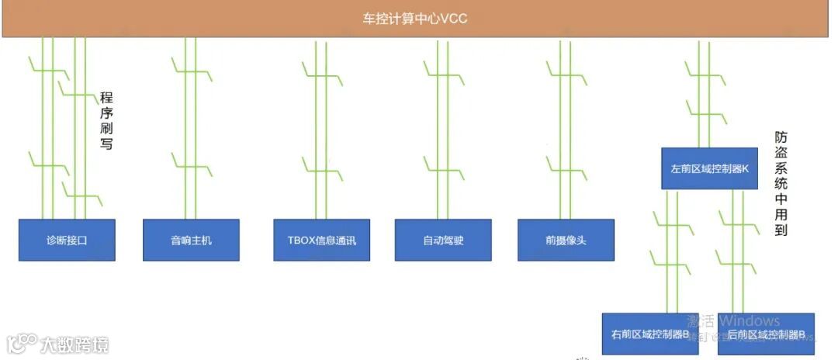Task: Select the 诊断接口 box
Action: [67, 240]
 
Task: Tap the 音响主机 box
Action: [191, 240]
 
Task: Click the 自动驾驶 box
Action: [443, 240]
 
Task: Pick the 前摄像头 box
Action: [566, 240]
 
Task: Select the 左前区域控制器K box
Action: [709, 168]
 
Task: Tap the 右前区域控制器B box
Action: [650, 334]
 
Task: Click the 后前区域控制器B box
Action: [766, 334]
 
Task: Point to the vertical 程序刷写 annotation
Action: [107, 120]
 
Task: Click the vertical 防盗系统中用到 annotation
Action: [781, 183]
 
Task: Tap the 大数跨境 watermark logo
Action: [58, 343]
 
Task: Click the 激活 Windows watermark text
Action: [733, 321]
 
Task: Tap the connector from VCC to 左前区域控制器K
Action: [704, 93]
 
